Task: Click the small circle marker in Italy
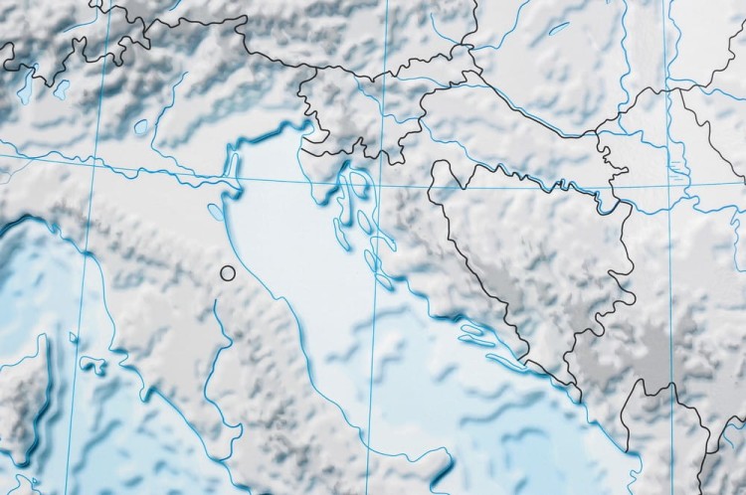pyautogui.click(x=228, y=271)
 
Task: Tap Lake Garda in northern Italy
pyautogui.click(x=140, y=127)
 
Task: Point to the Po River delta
pyautogui.click(x=237, y=181)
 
